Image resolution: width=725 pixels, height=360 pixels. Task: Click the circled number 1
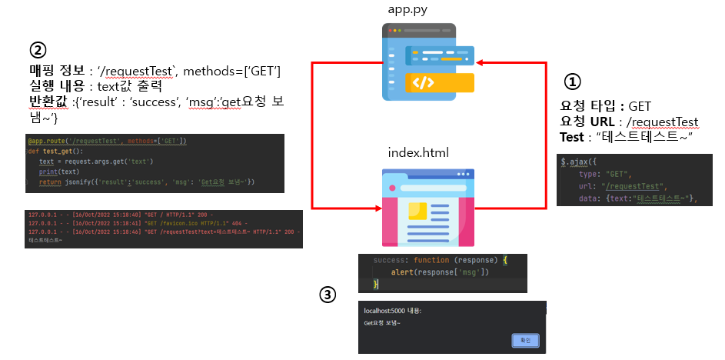pyautogui.click(x=574, y=82)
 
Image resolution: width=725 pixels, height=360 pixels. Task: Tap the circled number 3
pyautogui.click(x=328, y=295)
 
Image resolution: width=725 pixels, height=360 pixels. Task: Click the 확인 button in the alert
pyautogui.click(x=526, y=340)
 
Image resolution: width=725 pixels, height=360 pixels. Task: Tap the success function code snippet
pyautogui.click(x=443, y=272)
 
